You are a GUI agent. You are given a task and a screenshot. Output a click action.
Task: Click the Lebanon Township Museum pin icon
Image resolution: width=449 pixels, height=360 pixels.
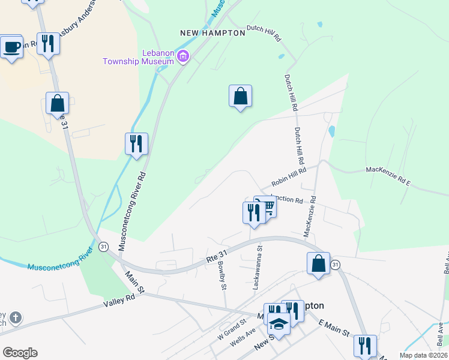[x=183, y=57]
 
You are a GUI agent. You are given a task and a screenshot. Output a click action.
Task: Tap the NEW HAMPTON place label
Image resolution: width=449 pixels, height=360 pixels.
[x=213, y=33]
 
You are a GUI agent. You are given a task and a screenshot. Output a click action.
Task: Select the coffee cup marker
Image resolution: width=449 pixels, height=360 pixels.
[x=11, y=47]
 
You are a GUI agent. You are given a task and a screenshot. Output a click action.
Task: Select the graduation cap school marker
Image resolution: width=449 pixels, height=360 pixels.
[x=278, y=324]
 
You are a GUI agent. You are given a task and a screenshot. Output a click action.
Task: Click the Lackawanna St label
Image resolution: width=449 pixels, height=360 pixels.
[x=258, y=267]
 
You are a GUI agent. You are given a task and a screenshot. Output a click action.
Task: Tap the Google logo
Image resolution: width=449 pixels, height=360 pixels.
[x=20, y=353]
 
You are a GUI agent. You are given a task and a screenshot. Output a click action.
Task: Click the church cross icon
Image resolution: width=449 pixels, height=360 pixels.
[x=16, y=317]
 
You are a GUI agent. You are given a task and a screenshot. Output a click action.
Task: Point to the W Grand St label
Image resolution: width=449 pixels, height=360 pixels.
[x=232, y=330]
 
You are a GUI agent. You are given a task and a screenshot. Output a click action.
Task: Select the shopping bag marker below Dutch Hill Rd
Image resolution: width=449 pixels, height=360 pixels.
[x=240, y=96]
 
